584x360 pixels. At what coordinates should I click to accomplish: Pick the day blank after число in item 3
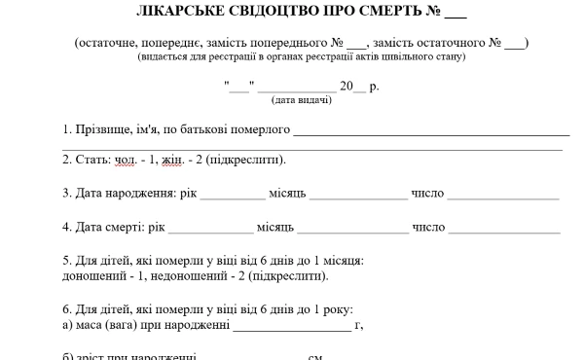pos(503,194)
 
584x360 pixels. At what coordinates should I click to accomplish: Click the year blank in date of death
pos(210,228)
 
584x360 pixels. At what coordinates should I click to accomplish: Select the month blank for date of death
pos(352,228)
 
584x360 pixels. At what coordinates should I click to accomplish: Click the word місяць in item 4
pos(274,228)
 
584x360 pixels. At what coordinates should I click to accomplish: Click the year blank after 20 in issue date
pos(360,87)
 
